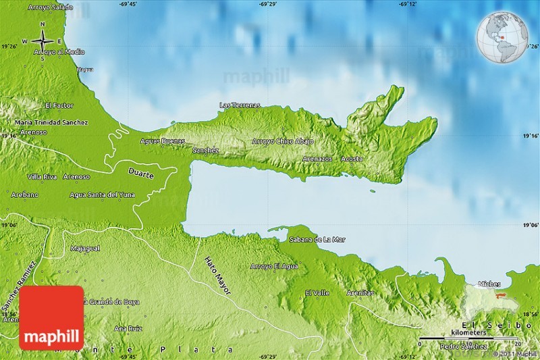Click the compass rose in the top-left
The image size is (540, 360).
pyautogui.click(x=41, y=41)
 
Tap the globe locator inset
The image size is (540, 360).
pyautogui.click(x=502, y=37)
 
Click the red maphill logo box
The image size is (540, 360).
pyautogui.click(x=51, y=317)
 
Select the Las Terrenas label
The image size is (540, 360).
pyautogui.click(x=240, y=105)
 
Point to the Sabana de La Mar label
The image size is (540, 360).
pyautogui.click(x=317, y=239)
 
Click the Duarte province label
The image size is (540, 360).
pyautogui.click(x=141, y=174)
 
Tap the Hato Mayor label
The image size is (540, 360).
pyautogui.click(x=218, y=276)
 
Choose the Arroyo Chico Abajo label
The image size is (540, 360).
pyautogui.click(x=283, y=141)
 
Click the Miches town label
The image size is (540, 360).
pyautogui.click(x=489, y=284)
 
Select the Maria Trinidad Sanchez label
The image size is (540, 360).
pyautogui.click(x=51, y=122)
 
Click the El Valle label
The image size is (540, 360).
pyautogui.click(x=317, y=292)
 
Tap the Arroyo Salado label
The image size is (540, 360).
pyautogui.click(x=51, y=7)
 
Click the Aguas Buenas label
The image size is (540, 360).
pyautogui.click(x=162, y=141)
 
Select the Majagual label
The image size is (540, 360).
pyautogui.click(x=85, y=249)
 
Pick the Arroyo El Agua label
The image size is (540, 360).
pyautogui.click(x=274, y=266)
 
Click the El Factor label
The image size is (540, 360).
pyautogui.click(x=59, y=106)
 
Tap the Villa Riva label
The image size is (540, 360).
pyautogui.click(x=42, y=176)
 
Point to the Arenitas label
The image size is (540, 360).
pyautogui.click(x=360, y=292)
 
